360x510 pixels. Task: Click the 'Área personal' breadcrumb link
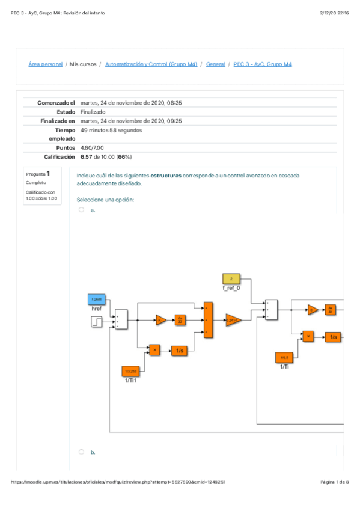click(46, 64)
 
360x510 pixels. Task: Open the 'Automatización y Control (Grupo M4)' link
click(151, 64)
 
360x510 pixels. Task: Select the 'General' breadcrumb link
click(215, 64)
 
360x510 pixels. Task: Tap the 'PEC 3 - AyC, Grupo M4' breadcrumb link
click(263, 64)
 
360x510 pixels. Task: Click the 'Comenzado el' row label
click(56, 103)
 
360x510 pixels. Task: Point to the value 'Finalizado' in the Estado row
click(93, 112)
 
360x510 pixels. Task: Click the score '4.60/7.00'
click(92, 147)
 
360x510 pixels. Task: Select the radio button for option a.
click(82, 210)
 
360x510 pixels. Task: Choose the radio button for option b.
click(82, 452)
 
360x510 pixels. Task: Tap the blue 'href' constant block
click(96, 299)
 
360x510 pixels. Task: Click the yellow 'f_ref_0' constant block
click(231, 278)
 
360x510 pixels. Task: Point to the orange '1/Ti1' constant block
click(130, 371)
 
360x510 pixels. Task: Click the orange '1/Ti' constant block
click(284, 357)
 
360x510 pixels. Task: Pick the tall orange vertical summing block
click(208, 320)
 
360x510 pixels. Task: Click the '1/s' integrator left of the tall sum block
click(180, 350)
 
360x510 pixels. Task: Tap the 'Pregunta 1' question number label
click(38, 173)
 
